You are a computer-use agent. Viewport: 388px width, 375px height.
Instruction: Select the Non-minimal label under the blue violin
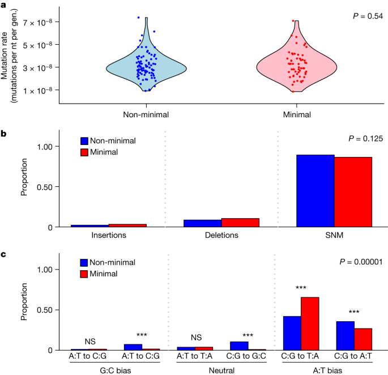click(146, 114)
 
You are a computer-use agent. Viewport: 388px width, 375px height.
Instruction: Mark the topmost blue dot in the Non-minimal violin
click(139, 18)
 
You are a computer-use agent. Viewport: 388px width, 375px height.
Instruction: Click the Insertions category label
click(109, 235)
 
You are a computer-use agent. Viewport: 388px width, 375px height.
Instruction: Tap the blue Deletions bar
click(203, 223)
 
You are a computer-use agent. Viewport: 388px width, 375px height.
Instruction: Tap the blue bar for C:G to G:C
click(239, 346)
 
